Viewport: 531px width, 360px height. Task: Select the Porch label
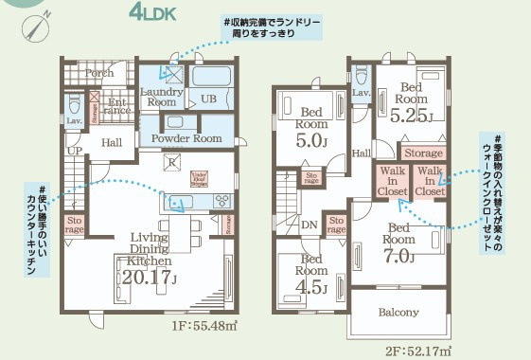pyautogui.click(x=99, y=73)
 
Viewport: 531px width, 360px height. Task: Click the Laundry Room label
pyautogui.click(x=163, y=97)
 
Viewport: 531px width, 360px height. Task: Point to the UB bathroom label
pyautogui.click(x=208, y=99)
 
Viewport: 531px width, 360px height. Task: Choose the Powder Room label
pyautogui.click(x=194, y=138)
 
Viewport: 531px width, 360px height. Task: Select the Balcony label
pyautogui.click(x=398, y=312)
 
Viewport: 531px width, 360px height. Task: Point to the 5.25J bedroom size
pyautogui.click(x=412, y=117)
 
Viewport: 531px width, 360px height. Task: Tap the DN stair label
pyautogui.click(x=309, y=225)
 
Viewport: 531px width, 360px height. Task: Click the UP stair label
pyautogui.click(x=74, y=151)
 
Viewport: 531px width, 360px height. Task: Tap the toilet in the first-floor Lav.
pyautogui.click(x=75, y=101)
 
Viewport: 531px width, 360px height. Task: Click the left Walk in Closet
pyautogui.click(x=391, y=181)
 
